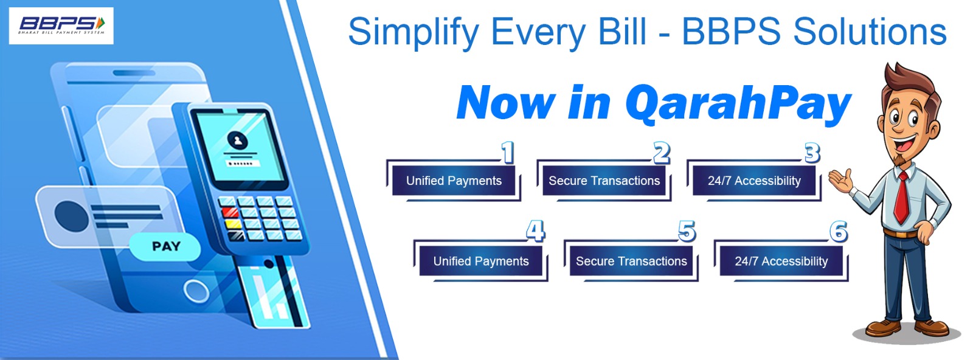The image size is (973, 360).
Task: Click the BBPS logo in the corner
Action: pyautogui.click(x=61, y=26)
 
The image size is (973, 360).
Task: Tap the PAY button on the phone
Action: pyautogui.click(x=165, y=246)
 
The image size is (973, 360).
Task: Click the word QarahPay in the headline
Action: pyautogui.click(x=738, y=104)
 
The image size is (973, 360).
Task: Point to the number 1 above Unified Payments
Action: pyautogui.click(x=508, y=152)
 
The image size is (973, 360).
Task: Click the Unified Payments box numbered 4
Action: pyautogui.click(x=481, y=261)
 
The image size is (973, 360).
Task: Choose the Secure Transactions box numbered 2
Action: pyautogui.click(x=604, y=181)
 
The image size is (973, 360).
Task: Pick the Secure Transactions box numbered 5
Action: pyautogui.click(x=631, y=261)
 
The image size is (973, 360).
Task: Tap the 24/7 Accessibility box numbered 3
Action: pyautogui.click(x=754, y=181)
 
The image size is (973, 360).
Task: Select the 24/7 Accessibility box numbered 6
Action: pyautogui.click(x=781, y=261)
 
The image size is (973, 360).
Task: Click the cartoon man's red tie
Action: pyautogui.click(x=902, y=198)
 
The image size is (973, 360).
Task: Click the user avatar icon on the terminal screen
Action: pyautogui.click(x=238, y=140)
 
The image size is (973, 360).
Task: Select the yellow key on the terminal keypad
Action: pyautogui.click(x=234, y=224)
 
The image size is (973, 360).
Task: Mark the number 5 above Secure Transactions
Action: pyautogui.click(x=687, y=230)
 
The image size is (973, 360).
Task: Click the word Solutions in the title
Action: pyautogui.click(x=870, y=32)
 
